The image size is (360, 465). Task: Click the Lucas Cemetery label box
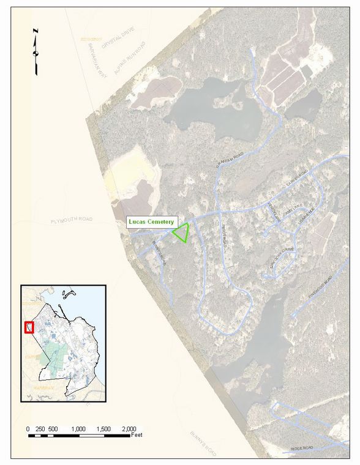151,221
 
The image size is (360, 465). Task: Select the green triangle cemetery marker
181,233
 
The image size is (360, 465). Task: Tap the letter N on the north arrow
36,31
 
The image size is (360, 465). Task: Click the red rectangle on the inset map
29,327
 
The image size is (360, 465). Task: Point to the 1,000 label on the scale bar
78,428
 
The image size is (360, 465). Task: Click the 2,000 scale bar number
129,428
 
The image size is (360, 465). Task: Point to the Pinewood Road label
320,287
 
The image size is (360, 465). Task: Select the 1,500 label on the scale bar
104,428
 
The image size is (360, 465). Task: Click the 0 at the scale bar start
28,428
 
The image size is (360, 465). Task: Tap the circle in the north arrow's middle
36,53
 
